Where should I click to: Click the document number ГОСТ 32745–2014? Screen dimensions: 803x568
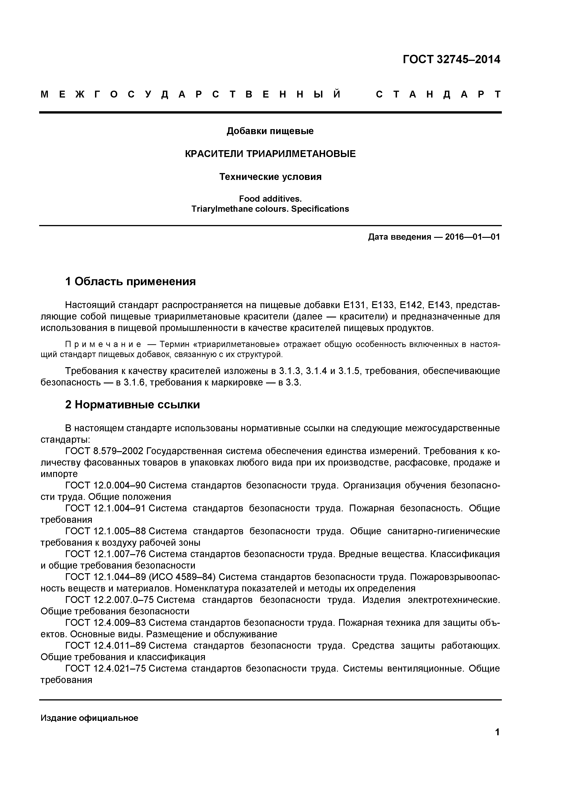pos(451,60)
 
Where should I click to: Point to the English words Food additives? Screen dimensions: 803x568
pos(270,199)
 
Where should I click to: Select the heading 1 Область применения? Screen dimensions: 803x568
pos(130,281)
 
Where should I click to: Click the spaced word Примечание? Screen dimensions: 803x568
pos(103,345)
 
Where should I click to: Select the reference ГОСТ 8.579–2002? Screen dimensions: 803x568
pos(104,451)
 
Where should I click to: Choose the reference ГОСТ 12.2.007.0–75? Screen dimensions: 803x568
pos(109,600)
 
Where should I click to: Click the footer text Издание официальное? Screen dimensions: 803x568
pos(89,718)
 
